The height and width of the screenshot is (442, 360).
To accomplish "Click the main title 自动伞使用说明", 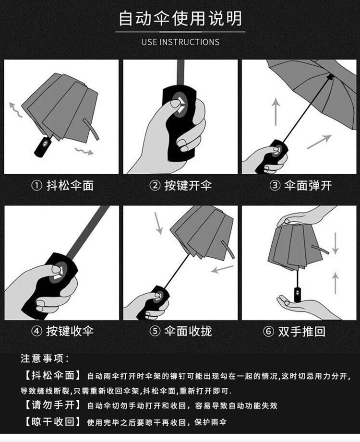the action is [180, 19].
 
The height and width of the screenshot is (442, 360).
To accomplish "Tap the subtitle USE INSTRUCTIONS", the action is [180, 42].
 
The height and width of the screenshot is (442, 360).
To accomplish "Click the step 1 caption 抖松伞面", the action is [70, 185].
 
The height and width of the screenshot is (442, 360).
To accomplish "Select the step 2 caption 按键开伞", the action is [188, 185].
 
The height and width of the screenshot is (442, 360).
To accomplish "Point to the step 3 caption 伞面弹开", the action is [308, 185].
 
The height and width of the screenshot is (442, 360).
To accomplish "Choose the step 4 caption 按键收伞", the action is [70, 331].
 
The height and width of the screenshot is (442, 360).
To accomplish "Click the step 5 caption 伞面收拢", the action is [188, 331].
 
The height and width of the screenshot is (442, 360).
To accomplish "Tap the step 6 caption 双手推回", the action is [302, 331].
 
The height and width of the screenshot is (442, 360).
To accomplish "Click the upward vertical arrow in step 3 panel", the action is [276, 111].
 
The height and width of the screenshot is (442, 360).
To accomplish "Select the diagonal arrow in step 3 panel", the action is [319, 142].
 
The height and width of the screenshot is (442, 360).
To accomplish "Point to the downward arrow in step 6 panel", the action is [335, 243].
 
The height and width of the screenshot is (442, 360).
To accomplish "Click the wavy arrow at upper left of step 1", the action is [15, 110].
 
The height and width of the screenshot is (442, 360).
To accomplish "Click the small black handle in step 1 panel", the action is [43, 147].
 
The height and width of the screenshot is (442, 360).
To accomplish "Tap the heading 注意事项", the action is [45, 358].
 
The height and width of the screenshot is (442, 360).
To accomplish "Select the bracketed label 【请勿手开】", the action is [53, 405].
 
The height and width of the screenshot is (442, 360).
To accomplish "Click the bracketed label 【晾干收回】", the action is [53, 422].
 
